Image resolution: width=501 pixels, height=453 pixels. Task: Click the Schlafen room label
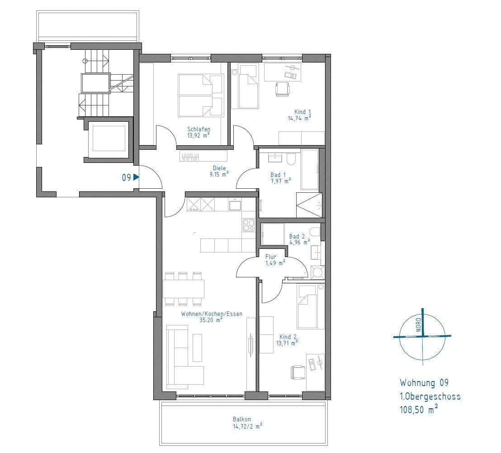click(x=199, y=129)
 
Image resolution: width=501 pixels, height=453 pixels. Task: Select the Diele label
click(x=219, y=168)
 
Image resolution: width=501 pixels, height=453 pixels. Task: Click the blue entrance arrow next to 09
click(x=136, y=178)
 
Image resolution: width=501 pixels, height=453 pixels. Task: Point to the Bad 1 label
click(x=278, y=175)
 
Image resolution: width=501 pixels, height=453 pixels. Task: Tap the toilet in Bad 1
click(x=291, y=159)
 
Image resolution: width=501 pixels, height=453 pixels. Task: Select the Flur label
click(x=271, y=257)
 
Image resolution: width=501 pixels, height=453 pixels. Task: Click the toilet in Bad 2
click(x=316, y=232)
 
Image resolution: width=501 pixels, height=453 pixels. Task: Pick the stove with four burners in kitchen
click(x=248, y=225)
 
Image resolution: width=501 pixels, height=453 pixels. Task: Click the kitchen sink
click(x=235, y=205)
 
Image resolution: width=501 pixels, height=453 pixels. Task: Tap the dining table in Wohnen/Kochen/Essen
click(x=184, y=289)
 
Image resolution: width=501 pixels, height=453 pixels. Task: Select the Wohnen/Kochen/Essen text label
click(x=212, y=314)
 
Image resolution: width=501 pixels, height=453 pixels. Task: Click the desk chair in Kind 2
click(x=298, y=372)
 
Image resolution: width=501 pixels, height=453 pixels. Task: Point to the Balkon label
click(x=242, y=419)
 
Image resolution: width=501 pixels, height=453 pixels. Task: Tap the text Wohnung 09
click(x=424, y=383)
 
